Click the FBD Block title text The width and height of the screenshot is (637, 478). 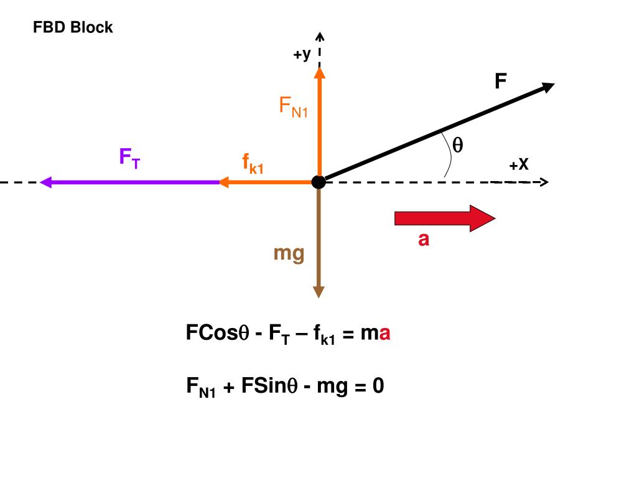(73, 27)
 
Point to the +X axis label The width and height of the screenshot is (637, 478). (519, 165)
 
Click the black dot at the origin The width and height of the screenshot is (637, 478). (318, 182)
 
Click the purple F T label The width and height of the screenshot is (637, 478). (129, 157)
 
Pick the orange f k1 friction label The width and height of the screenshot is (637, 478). (253, 164)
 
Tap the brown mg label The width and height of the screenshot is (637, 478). (289, 253)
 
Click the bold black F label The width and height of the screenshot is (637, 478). (500, 82)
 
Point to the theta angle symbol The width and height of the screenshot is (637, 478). (457, 145)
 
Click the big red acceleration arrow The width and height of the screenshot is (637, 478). (444, 218)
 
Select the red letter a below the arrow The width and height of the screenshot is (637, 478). (424, 239)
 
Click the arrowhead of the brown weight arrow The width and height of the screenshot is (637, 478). (318, 291)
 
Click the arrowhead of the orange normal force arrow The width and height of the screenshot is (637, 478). (319, 72)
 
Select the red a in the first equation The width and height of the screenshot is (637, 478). (385, 334)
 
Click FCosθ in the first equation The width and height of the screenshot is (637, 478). (217, 333)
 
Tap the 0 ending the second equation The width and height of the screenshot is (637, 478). (378, 387)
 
